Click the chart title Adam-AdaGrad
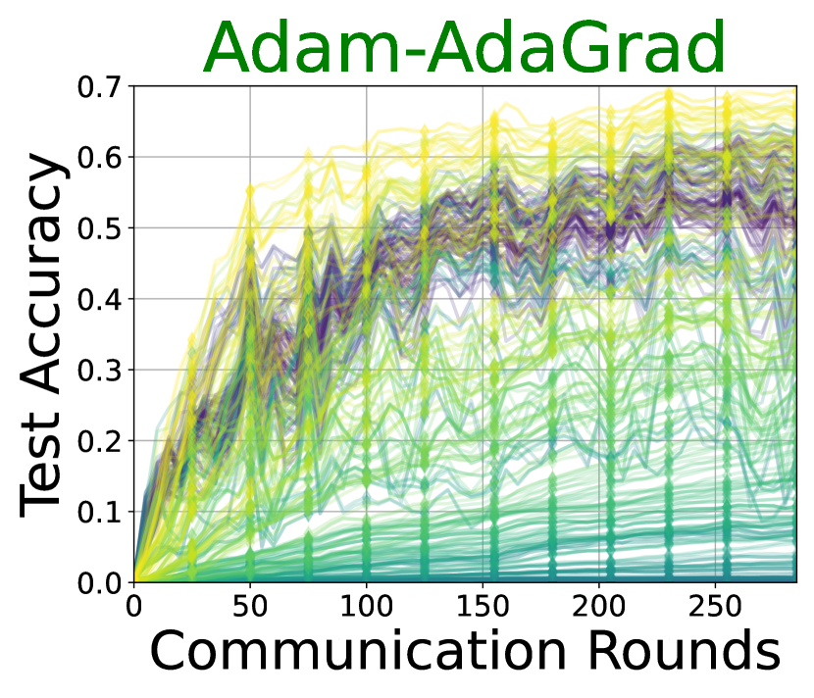pyautogui.click(x=464, y=47)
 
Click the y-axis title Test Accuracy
pyautogui.click(x=42, y=334)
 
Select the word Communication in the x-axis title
pyautogui.click(x=358, y=650)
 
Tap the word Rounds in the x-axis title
pyautogui.click(x=685, y=650)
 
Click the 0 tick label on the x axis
pyautogui.click(x=134, y=606)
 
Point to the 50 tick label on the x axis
pyautogui.click(x=250, y=606)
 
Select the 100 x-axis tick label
pyautogui.click(x=367, y=606)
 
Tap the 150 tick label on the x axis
pyautogui.click(x=483, y=606)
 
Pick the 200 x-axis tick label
pyautogui.click(x=599, y=606)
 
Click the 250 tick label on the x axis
pyautogui.click(x=715, y=606)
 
